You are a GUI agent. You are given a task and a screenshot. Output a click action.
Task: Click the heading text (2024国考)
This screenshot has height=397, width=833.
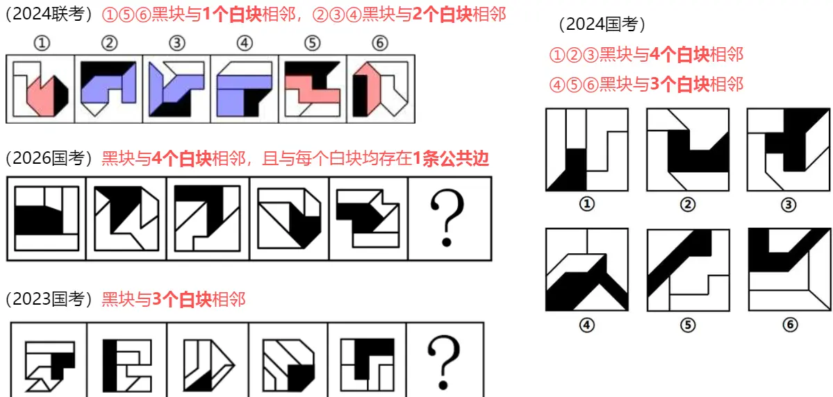pos(602,25)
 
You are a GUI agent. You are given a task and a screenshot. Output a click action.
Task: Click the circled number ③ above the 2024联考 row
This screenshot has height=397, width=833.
pos(176,43)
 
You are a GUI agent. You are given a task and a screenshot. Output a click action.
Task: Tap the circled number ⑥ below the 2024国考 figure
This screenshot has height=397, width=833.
pos(789,324)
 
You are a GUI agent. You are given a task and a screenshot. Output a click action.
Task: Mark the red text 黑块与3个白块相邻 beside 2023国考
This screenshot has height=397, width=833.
pos(174,299)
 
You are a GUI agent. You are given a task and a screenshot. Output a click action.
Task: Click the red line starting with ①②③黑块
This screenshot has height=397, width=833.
pos(646,54)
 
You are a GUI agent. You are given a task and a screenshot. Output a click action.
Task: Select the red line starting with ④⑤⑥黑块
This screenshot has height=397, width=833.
pos(646,84)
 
